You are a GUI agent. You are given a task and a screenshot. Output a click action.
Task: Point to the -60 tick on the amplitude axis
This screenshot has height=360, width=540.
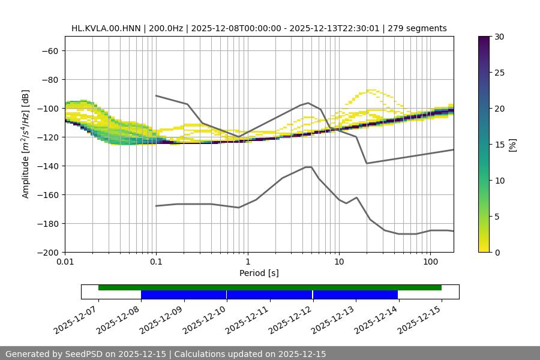click(x=50, y=51)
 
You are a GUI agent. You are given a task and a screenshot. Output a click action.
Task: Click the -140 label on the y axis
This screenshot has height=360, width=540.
click(x=47, y=166)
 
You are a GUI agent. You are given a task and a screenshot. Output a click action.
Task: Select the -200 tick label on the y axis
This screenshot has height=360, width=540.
click(x=47, y=253)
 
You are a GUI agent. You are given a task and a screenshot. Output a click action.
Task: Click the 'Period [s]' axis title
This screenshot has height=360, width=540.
click(x=259, y=274)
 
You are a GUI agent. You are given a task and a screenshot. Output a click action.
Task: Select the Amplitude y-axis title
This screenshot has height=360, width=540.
click(x=26, y=144)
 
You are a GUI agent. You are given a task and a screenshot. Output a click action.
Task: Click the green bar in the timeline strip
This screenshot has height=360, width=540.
click(x=270, y=287)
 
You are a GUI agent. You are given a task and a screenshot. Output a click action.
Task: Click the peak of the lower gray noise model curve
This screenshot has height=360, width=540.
click(x=308, y=167)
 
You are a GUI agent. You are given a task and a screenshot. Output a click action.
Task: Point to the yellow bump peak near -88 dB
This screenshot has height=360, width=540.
click(x=373, y=90)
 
